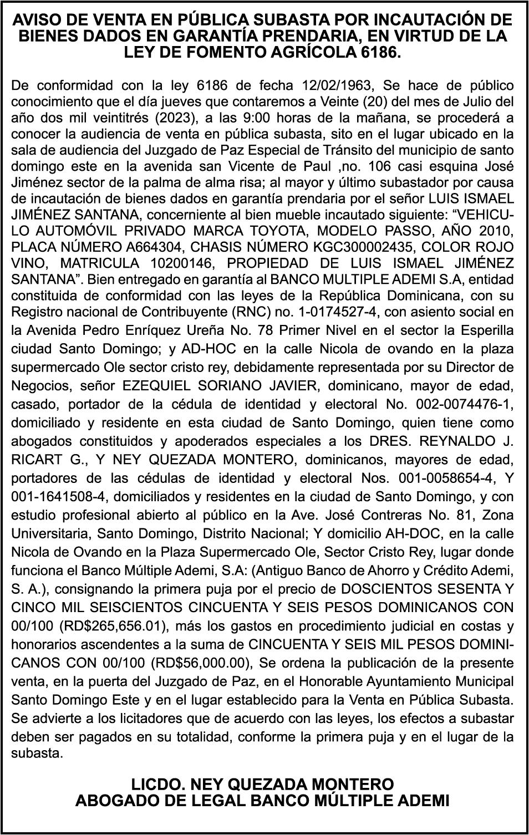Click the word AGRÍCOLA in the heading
[313, 53]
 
